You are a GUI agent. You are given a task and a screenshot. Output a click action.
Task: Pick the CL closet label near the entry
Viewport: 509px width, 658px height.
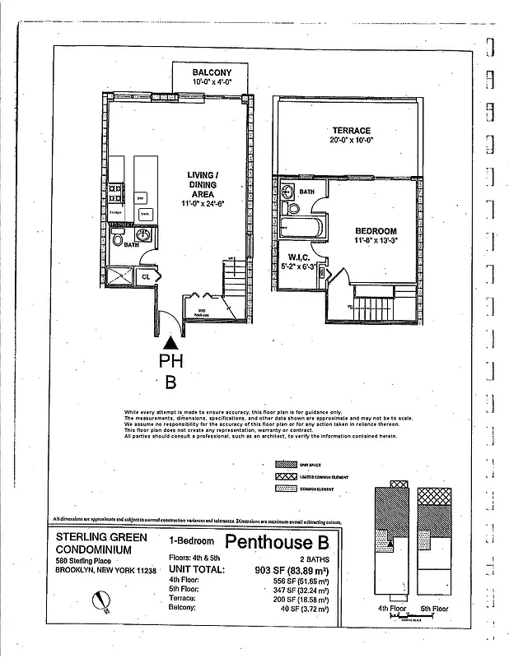click(x=145, y=276)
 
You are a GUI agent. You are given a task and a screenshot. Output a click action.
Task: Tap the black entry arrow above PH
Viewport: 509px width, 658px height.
click(x=170, y=343)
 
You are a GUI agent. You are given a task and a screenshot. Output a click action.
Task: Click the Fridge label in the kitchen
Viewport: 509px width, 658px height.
click(x=116, y=212)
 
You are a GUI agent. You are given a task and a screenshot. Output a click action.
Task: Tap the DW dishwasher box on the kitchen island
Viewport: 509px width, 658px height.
click(x=141, y=197)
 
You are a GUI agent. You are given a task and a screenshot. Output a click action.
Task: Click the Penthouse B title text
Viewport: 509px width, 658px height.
click(x=276, y=542)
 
